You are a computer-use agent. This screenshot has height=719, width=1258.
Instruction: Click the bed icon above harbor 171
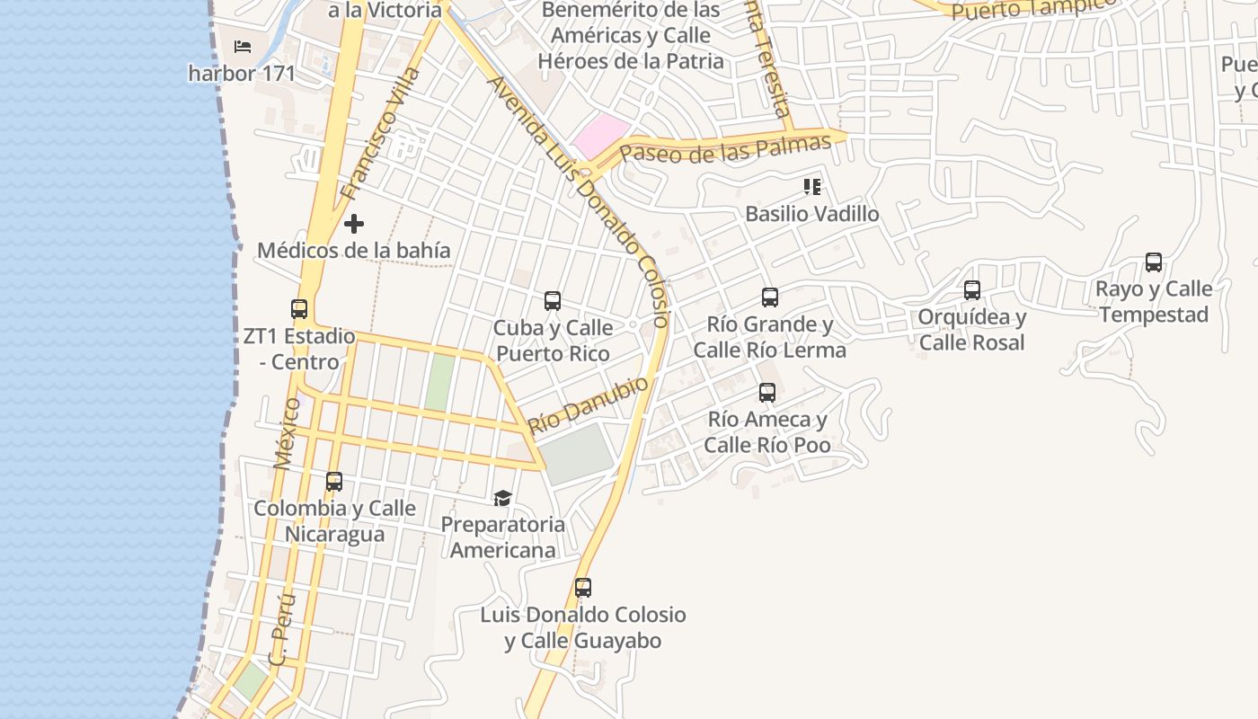pyautogui.click(x=242, y=46)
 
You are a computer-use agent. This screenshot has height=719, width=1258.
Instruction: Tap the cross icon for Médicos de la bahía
pyautogui.click(x=354, y=223)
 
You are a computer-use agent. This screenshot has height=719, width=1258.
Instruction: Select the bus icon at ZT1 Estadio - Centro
pyautogui.click(x=299, y=309)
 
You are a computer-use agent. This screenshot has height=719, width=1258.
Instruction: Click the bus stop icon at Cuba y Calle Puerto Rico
pyautogui.click(x=553, y=301)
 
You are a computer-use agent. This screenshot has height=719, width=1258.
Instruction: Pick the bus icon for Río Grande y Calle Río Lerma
pyautogui.click(x=769, y=297)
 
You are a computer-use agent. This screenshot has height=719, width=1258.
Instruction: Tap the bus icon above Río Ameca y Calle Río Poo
pyautogui.click(x=766, y=393)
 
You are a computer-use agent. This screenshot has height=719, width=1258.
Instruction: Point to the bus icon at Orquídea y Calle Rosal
pyautogui.click(x=971, y=290)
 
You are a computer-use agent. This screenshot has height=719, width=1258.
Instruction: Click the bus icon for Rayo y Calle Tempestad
pyautogui.click(x=1154, y=262)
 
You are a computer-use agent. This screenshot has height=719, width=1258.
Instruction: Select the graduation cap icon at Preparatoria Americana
pyautogui.click(x=502, y=498)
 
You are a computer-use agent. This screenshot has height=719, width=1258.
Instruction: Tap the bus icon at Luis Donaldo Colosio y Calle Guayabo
pyautogui.click(x=583, y=589)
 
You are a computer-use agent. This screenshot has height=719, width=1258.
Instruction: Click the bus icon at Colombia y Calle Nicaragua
pyautogui.click(x=334, y=482)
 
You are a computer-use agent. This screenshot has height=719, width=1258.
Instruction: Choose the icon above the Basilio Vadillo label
pyautogui.click(x=812, y=187)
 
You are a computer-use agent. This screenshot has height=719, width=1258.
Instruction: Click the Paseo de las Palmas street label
pyautogui.click(x=726, y=148)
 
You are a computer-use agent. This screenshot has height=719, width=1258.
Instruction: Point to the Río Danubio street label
pyautogui.click(x=589, y=405)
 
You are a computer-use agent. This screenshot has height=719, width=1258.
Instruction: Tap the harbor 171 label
pyautogui.click(x=242, y=73)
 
